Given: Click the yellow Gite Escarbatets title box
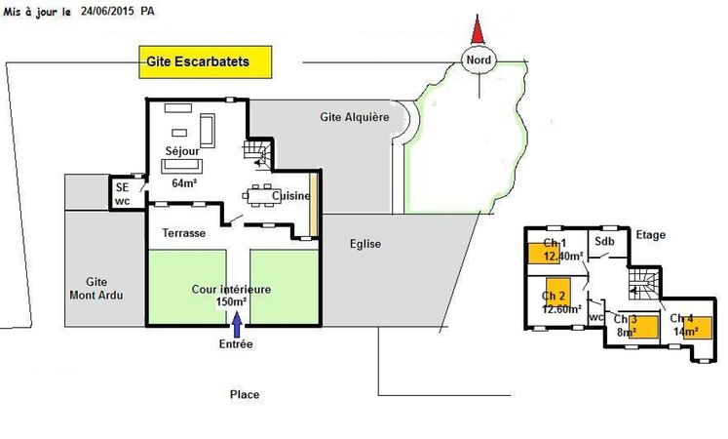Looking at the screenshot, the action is [x=206, y=61].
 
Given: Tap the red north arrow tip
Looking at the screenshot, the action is [x=478, y=16].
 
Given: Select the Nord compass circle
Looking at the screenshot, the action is [x=479, y=60].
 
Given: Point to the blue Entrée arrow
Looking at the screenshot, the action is [x=237, y=324].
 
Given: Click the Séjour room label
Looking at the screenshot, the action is [x=182, y=151].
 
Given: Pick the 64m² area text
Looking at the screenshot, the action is [x=184, y=183].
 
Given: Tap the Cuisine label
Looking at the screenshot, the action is [x=291, y=195].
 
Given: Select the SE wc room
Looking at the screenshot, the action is [x=127, y=194].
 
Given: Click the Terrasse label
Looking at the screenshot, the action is [x=184, y=233].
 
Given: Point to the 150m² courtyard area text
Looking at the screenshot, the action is [x=231, y=301].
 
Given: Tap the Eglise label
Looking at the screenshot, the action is [x=365, y=244].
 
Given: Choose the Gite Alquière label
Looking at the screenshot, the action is [x=355, y=117].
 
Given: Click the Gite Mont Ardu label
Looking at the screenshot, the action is [x=96, y=289].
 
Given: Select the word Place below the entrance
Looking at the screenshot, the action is [x=245, y=394].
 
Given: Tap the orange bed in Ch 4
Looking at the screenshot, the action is [x=698, y=328].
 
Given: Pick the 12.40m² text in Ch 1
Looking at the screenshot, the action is [x=563, y=256].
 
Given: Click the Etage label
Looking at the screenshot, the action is [x=650, y=235].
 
